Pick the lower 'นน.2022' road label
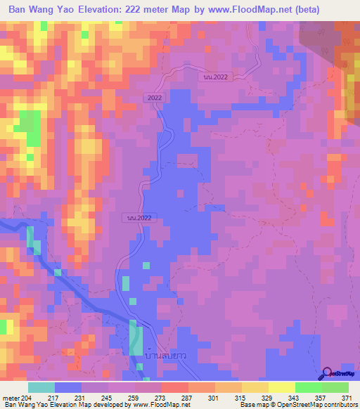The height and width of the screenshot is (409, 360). tap(141, 218)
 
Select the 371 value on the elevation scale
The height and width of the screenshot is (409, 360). tap(345, 397)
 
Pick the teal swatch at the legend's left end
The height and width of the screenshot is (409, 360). tap(41, 387)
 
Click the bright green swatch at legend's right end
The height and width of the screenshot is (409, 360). tap(335, 387)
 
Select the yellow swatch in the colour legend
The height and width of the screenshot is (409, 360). tap(282, 387)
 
